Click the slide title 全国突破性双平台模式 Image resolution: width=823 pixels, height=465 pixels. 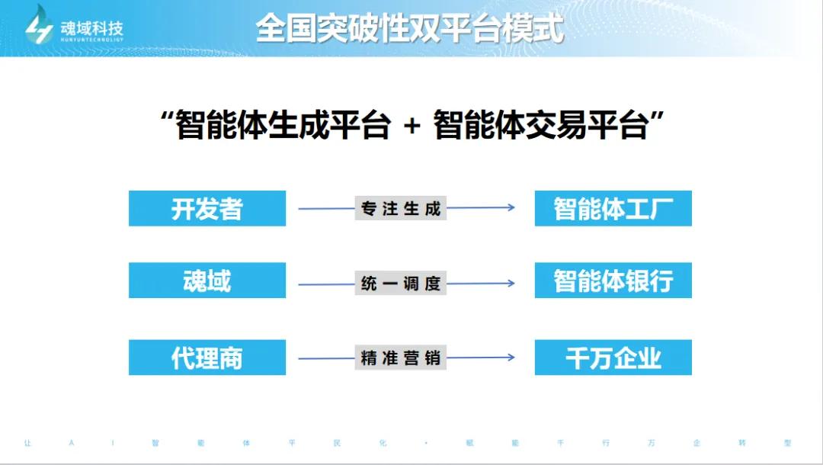click(x=409, y=27)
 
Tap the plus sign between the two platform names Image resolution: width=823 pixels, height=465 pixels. click(x=412, y=126)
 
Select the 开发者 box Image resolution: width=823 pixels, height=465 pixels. click(x=207, y=208)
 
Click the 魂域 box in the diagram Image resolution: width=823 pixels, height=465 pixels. click(x=207, y=281)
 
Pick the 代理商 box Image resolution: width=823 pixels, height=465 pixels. click(x=207, y=358)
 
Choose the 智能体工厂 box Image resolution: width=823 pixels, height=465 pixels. click(x=613, y=208)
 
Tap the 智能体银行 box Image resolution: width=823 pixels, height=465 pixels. click(x=613, y=281)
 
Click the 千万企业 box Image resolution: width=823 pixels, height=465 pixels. click(x=613, y=358)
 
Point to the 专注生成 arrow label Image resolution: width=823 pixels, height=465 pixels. click(x=401, y=208)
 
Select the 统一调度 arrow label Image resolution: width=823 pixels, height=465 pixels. click(x=401, y=284)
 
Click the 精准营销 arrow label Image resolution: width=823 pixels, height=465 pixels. click(x=401, y=358)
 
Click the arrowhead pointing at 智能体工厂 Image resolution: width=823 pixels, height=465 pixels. click(x=511, y=207)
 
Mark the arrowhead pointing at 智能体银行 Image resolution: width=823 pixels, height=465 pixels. click(x=511, y=284)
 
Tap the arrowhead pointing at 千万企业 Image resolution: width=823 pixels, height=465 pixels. click(x=511, y=358)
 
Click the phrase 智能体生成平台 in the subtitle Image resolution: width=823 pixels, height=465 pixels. click(x=283, y=126)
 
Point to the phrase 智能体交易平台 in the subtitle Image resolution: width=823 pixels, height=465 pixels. click(x=541, y=126)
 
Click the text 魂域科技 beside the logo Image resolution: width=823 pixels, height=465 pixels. click(x=92, y=27)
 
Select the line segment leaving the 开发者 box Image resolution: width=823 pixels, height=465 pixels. click(x=326, y=208)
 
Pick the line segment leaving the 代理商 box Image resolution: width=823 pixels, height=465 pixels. click(x=326, y=358)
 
